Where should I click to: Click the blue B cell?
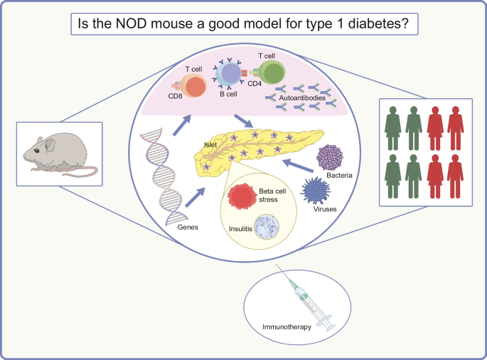coord(232,75)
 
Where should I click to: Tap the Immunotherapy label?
coord(284,328)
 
